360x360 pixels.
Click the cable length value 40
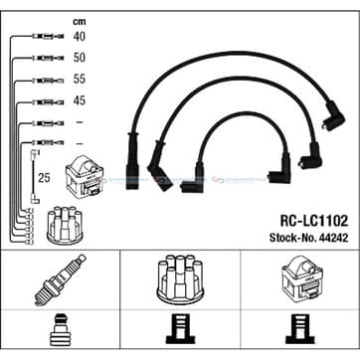click(x=80, y=36)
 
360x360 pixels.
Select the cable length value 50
click(x=80, y=58)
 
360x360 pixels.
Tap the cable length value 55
click(x=80, y=79)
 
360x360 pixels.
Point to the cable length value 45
click(x=80, y=100)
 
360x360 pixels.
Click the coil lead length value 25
click(x=44, y=178)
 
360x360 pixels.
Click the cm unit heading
click(x=80, y=22)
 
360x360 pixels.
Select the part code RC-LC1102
click(x=314, y=221)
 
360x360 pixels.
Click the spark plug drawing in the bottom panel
click(x=60, y=280)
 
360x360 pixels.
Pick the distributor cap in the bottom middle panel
click(x=179, y=279)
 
